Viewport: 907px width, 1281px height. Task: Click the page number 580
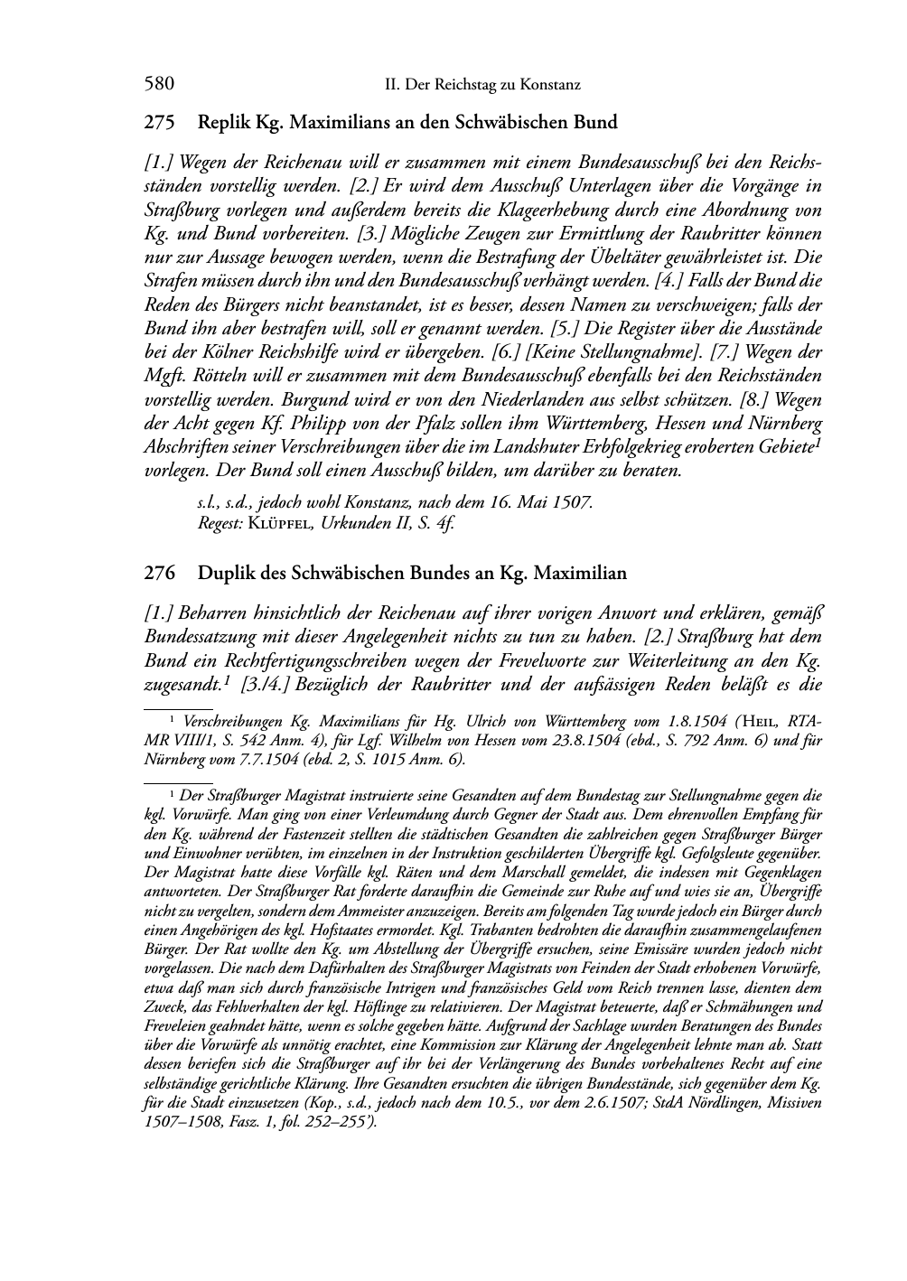pyautogui.click(x=159, y=85)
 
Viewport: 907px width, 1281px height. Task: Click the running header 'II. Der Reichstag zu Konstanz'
pyautogui.click(x=482, y=85)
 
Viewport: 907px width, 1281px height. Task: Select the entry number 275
pyautogui.click(x=159, y=122)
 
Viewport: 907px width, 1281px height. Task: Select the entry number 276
pyautogui.click(x=159, y=574)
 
